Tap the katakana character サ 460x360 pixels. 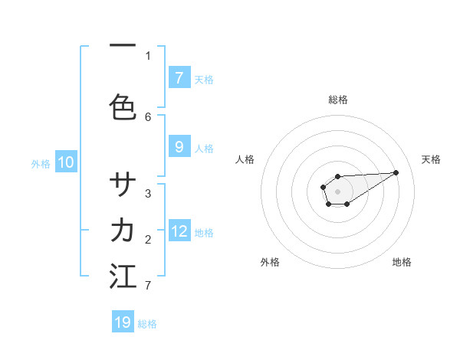tap(123, 185)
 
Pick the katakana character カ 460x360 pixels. tap(123, 231)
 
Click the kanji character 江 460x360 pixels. tap(123, 277)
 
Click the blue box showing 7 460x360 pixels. tap(179, 77)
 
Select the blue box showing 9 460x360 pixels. tap(179, 148)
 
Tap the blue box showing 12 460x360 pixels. tap(179, 231)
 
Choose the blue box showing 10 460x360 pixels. tap(66, 162)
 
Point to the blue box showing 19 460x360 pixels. tap(123, 322)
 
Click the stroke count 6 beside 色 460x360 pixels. tap(148, 116)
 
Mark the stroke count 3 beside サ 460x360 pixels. tap(148, 193)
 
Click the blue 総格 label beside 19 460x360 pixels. tap(147, 324)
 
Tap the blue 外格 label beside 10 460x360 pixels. tap(41, 163)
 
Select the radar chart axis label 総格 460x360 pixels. tap(337, 100)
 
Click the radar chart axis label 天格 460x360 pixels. tap(431, 159)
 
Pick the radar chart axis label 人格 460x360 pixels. tap(245, 159)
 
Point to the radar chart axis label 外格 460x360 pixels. tap(270, 262)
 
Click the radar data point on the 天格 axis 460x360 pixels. tap(396, 172)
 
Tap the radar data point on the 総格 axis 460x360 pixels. tap(337, 177)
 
